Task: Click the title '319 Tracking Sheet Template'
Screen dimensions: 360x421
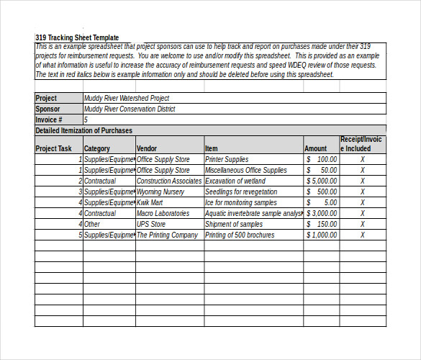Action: tap(77, 37)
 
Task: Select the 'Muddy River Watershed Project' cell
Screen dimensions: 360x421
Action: tap(127, 99)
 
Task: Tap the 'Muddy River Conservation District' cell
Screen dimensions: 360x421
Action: tap(130, 109)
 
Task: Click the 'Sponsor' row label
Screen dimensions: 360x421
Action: tap(48, 109)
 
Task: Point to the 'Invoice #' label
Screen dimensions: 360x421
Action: tap(49, 120)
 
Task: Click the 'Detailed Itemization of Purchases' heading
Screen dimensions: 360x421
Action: tap(84, 131)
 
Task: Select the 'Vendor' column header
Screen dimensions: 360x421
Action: tap(147, 149)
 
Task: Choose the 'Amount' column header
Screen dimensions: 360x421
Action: tap(315, 149)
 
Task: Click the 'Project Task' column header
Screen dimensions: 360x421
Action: tap(54, 149)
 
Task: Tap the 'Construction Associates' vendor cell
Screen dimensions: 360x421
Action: tap(169, 181)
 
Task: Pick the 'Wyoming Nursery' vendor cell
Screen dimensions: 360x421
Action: tap(160, 192)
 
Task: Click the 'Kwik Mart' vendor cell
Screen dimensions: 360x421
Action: tap(150, 203)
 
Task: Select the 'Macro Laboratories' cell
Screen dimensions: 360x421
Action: tap(163, 214)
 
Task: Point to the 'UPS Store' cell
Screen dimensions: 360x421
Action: tap(151, 225)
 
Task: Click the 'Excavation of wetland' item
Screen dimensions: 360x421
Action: tap(236, 181)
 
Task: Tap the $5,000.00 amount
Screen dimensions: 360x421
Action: tap(322, 181)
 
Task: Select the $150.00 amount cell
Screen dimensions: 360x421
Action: tap(322, 225)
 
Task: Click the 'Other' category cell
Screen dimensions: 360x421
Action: tap(92, 225)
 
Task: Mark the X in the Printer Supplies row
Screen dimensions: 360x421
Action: tap(362, 160)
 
